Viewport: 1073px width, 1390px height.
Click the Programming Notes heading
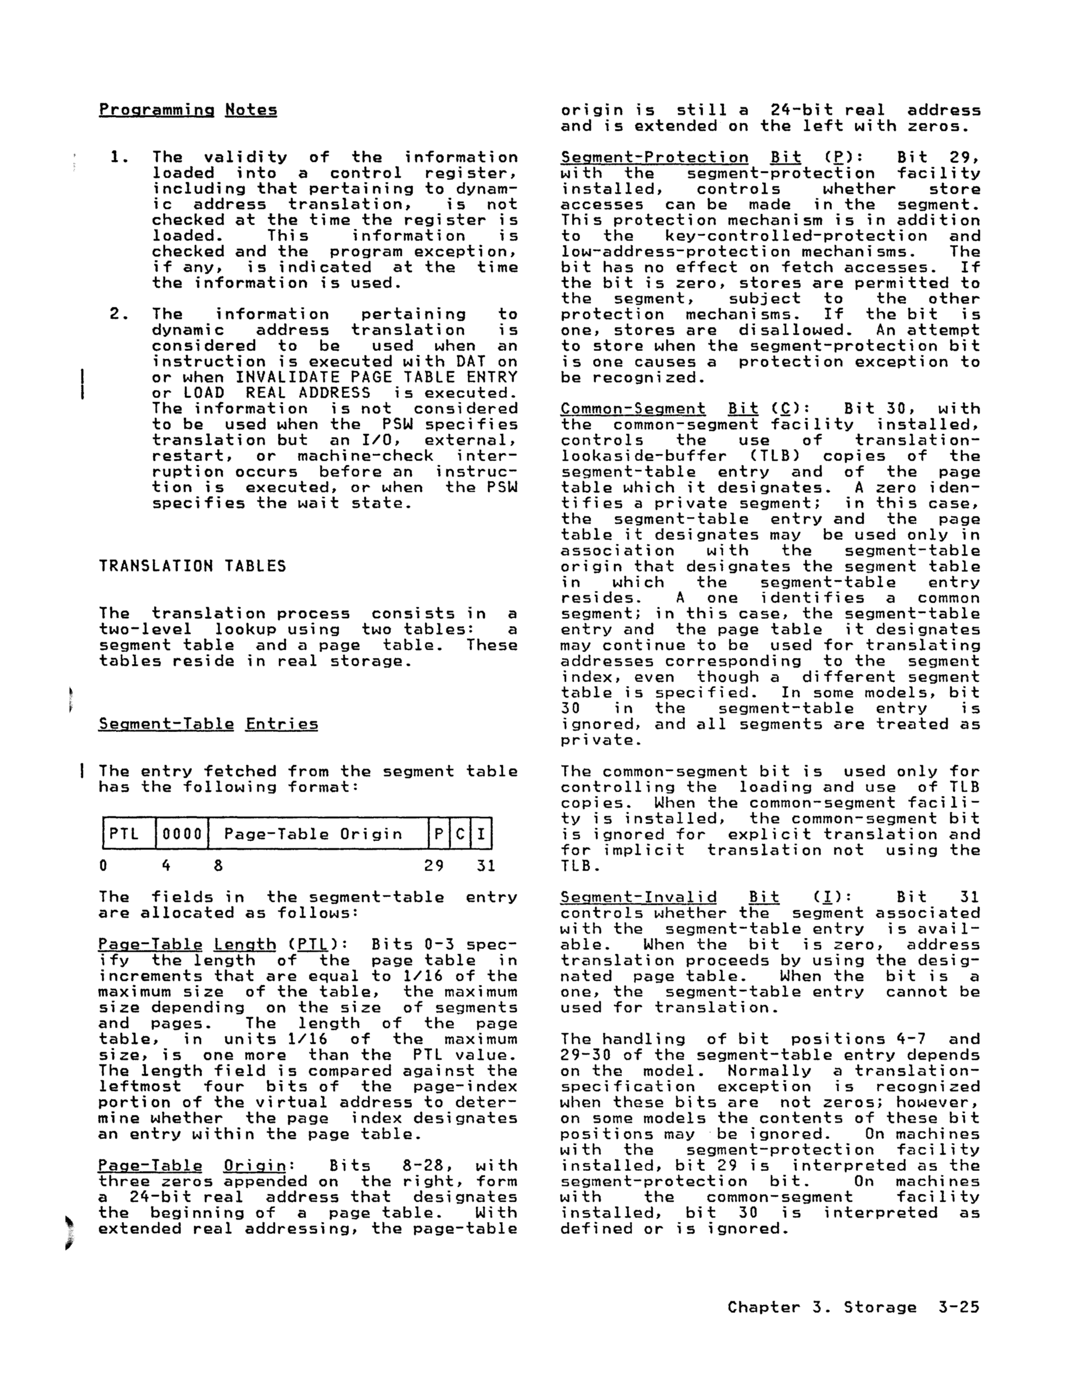click(188, 110)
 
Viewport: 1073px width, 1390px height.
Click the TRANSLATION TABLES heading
click(192, 566)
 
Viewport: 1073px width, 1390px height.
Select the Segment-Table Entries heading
click(208, 724)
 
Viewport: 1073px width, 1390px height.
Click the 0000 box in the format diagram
click(181, 834)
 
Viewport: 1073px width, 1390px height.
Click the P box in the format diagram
click(439, 834)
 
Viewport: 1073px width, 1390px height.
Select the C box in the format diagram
click(460, 834)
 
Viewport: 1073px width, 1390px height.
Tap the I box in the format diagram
click(481, 834)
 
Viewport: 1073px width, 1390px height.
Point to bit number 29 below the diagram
click(434, 866)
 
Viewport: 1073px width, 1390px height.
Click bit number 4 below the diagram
click(165, 866)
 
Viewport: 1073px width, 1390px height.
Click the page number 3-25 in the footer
click(959, 1308)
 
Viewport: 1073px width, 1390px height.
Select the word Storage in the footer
click(880, 1308)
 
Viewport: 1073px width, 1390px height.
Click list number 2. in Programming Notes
click(120, 314)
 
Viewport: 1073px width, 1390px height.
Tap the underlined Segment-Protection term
click(654, 158)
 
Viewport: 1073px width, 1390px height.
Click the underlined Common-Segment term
click(632, 409)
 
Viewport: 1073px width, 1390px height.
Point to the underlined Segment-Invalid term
click(638, 898)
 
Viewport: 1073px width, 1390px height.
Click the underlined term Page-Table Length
click(186, 945)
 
